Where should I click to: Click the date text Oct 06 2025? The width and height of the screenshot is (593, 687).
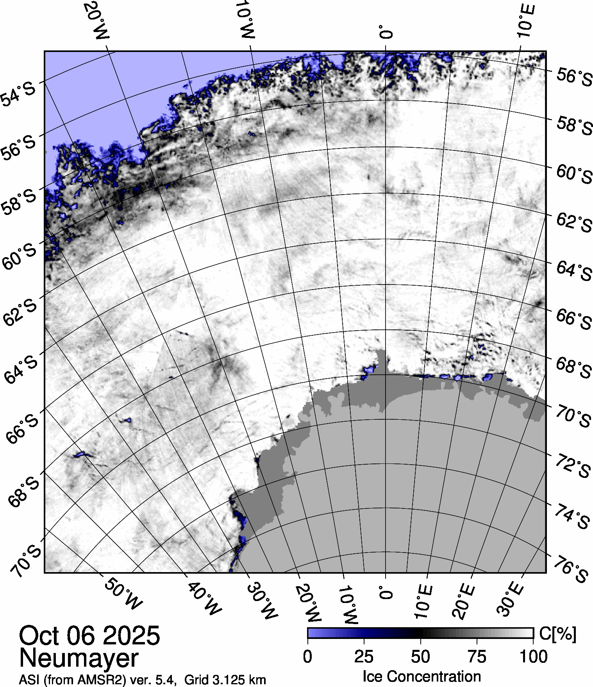[x=89, y=635]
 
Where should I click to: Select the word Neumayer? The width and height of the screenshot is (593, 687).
[x=79, y=658]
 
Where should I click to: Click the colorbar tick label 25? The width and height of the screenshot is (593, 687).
[x=364, y=657]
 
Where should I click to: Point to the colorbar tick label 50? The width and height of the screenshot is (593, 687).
[x=421, y=657]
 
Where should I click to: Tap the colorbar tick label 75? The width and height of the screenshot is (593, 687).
[x=477, y=657]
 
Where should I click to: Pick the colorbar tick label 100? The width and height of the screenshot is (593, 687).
[x=534, y=657]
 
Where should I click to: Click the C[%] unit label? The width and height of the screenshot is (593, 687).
[x=557, y=634]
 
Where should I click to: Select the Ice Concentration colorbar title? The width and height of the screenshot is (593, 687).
[x=422, y=676]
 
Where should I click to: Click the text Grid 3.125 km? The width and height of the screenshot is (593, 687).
[x=225, y=680]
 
